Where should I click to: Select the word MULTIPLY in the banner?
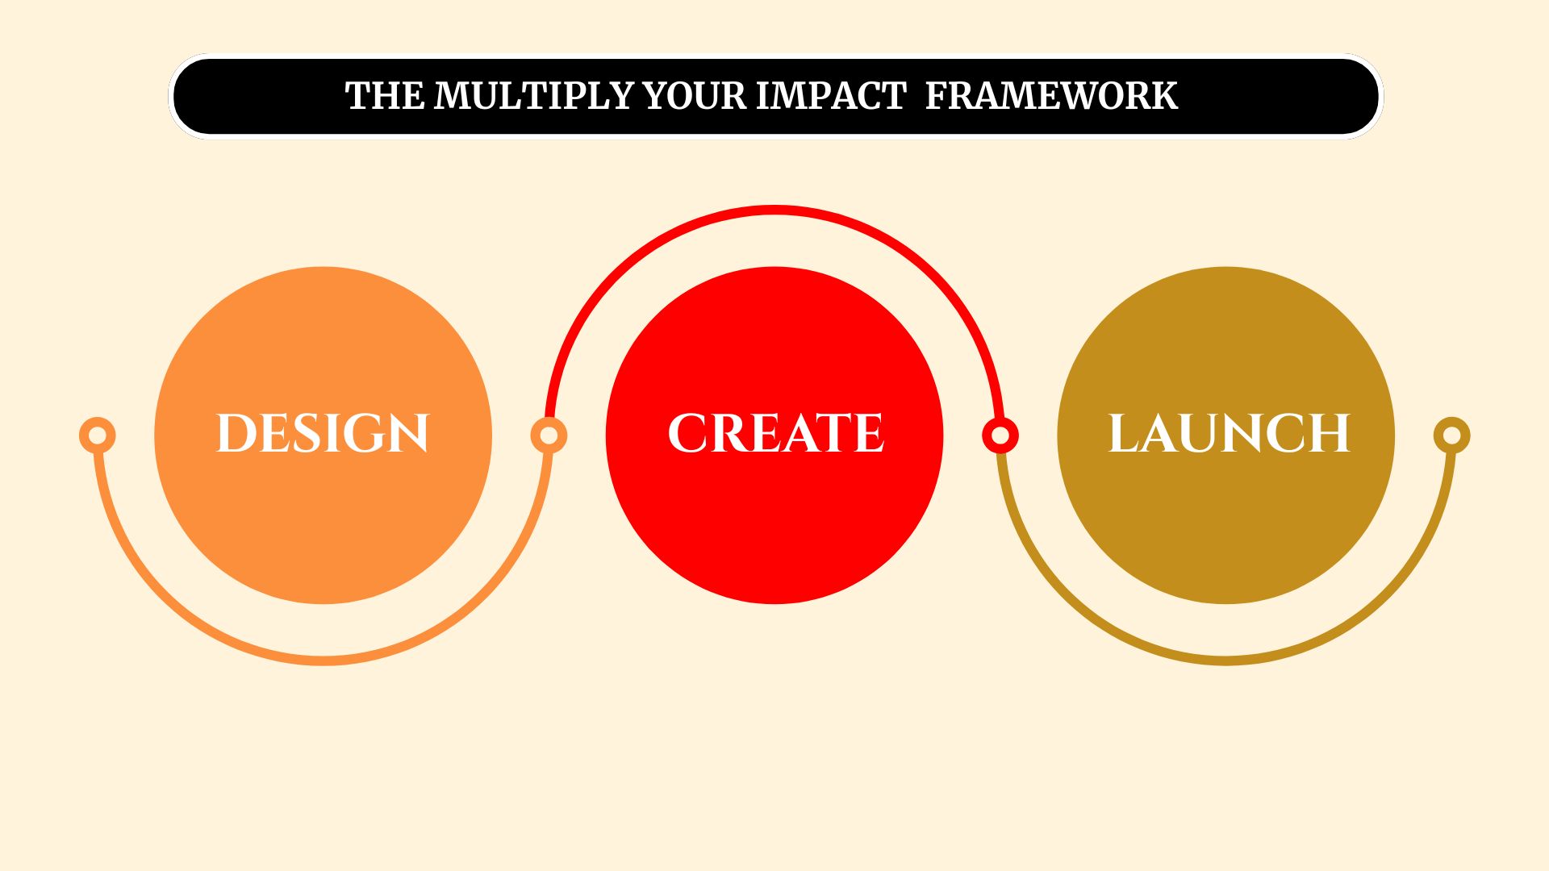click(x=535, y=96)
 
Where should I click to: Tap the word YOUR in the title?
click(x=695, y=96)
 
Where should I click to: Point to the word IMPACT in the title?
click(x=831, y=96)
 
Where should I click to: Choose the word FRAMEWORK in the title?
click(x=1051, y=96)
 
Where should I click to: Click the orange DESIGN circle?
click(x=323, y=435)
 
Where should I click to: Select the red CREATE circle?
click(x=774, y=435)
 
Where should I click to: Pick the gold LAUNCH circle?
click(x=1226, y=435)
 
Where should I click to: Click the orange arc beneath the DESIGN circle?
click(x=323, y=661)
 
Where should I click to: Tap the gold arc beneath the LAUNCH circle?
click(x=1226, y=661)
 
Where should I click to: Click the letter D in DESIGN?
click(x=236, y=434)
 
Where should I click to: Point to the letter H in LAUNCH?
click(x=1329, y=434)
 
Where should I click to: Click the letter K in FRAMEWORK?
click(x=1162, y=96)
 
